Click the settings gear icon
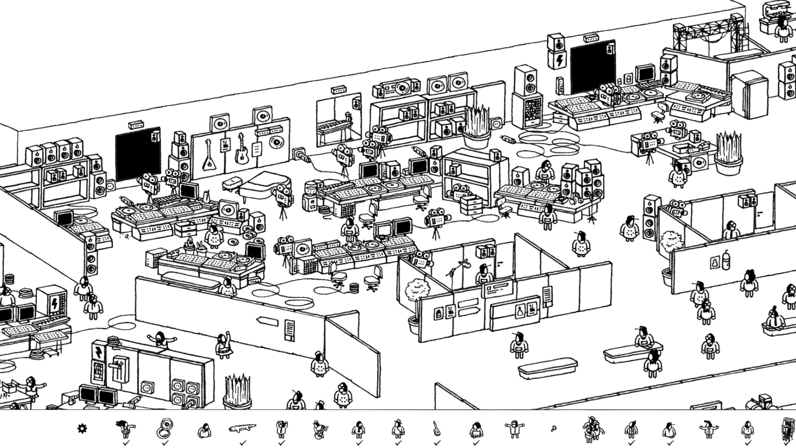click(82, 429)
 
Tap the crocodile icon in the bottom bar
click(243, 427)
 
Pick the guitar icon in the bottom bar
click(437, 428)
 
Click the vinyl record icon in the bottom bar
click(165, 428)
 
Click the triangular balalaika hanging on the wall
click(208, 156)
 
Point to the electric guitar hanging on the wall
click(241, 149)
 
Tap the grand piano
click(260, 185)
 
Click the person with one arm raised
click(224, 345)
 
